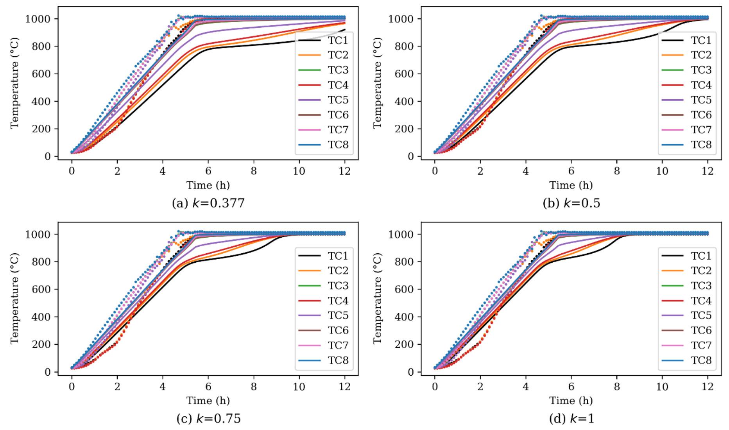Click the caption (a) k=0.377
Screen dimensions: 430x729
[208, 203]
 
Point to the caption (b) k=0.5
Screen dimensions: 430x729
[571, 203]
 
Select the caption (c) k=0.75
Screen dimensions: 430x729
[208, 419]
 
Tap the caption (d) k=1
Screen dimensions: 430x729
[571, 419]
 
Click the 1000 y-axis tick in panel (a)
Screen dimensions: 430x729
[38, 19]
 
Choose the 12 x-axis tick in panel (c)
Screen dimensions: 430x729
[344, 387]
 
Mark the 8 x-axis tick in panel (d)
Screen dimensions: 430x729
[616, 387]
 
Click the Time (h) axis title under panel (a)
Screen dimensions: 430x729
[208, 185]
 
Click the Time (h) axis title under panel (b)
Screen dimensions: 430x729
[571, 185]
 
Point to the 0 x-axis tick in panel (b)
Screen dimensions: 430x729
[435, 171]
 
